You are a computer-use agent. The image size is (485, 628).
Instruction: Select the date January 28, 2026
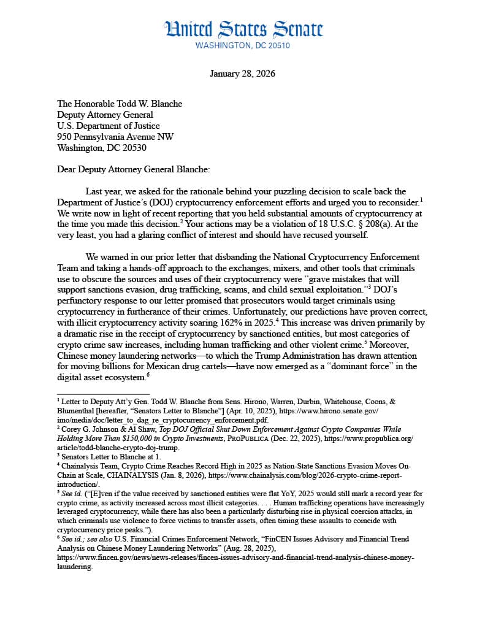242,74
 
